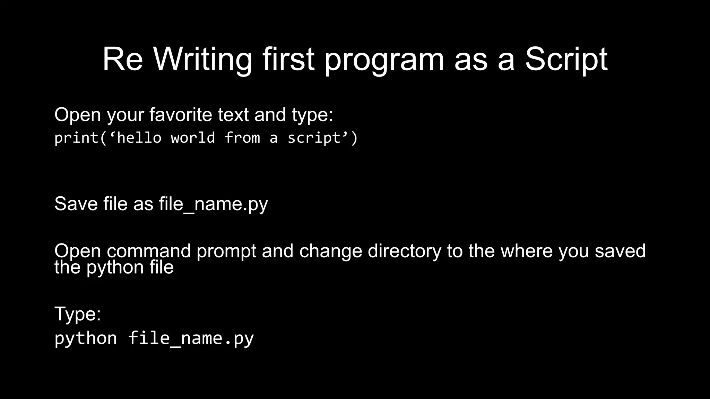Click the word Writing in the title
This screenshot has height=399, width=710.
click(x=202, y=60)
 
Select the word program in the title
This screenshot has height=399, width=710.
click(x=384, y=60)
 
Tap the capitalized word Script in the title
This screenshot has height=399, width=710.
click(x=566, y=60)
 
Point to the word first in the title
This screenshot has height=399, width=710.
click(x=288, y=60)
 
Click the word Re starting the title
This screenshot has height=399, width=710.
click(x=122, y=60)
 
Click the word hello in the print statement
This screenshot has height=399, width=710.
click(x=139, y=138)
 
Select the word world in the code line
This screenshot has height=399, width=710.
click(x=193, y=138)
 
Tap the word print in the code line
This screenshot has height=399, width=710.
click(x=77, y=138)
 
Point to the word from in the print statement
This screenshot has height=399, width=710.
click(x=242, y=138)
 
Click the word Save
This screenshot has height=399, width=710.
click(x=76, y=204)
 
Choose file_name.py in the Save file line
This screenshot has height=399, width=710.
click(x=213, y=204)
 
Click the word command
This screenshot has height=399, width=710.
click(x=149, y=251)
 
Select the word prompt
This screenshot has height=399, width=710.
click(x=226, y=251)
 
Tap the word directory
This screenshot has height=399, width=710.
click(x=405, y=251)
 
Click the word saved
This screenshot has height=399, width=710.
click(x=620, y=251)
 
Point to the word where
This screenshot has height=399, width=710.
click(x=527, y=251)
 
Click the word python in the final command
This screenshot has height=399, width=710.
click(x=86, y=338)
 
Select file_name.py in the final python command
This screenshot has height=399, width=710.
click(x=191, y=338)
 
